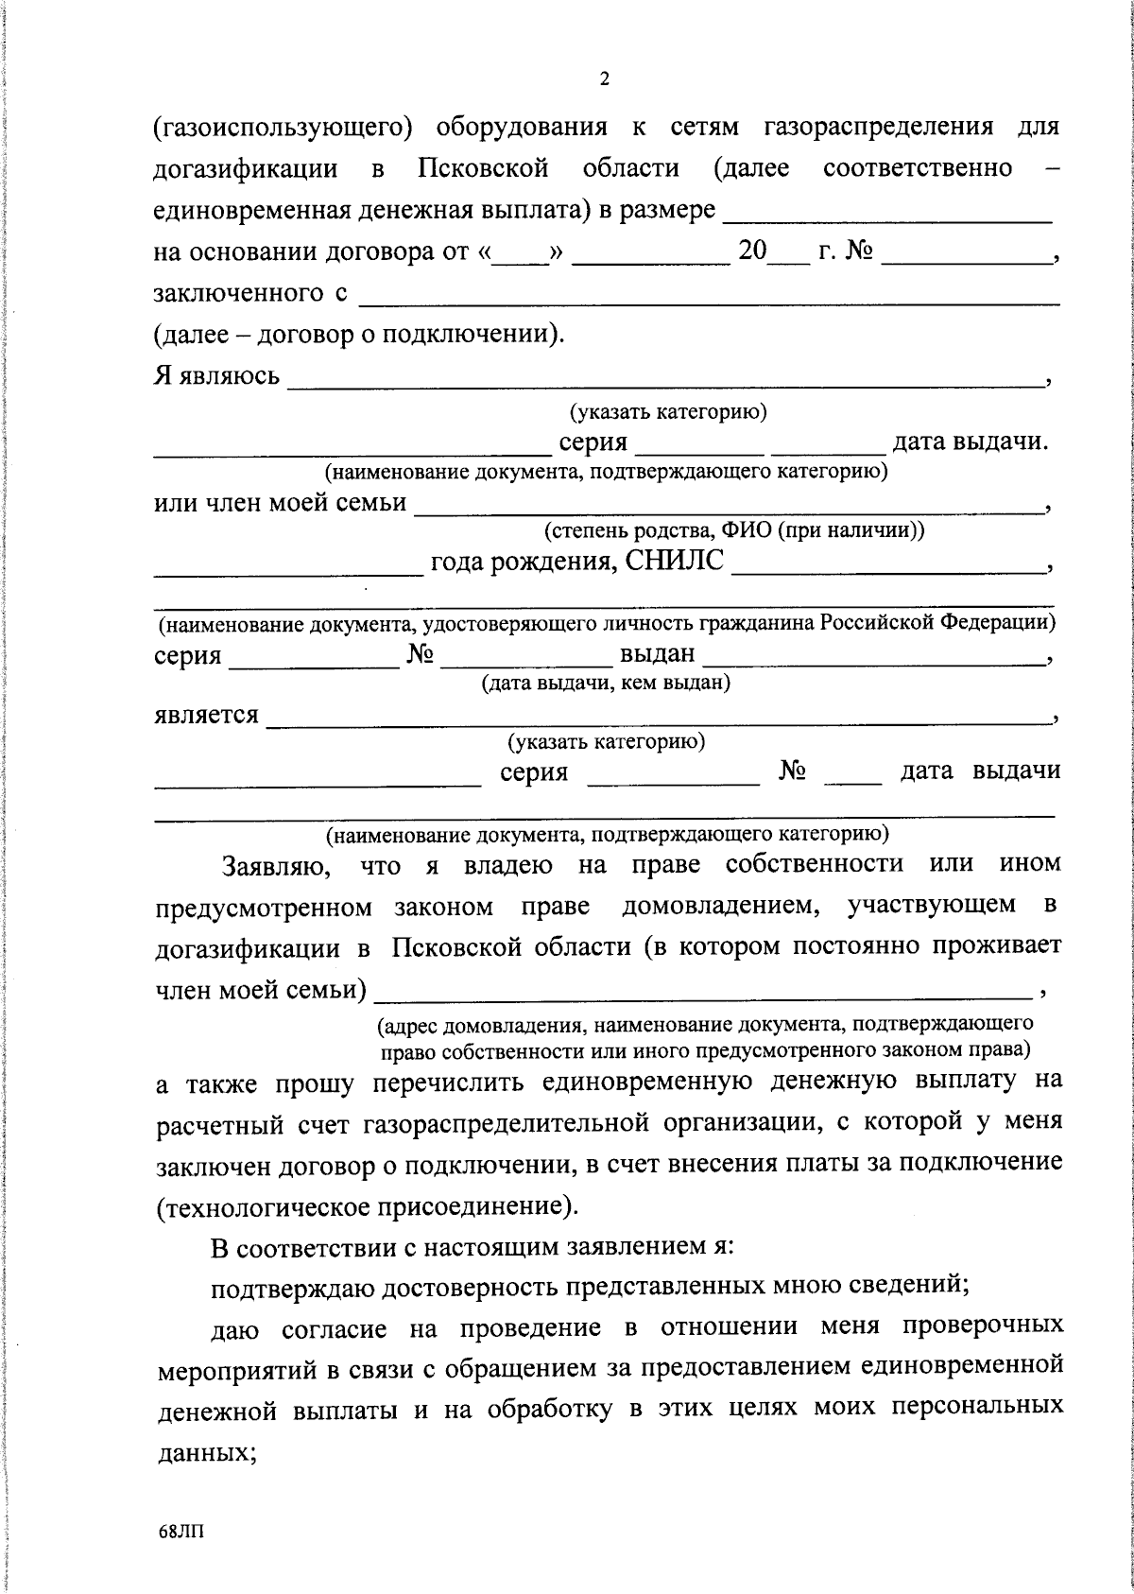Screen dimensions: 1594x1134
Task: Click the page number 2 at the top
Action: (605, 79)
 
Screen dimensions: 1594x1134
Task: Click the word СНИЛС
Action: (677, 562)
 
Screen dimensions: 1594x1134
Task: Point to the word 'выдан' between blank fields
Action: (657, 654)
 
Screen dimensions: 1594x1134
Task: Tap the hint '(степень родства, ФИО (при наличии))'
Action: (733, 530)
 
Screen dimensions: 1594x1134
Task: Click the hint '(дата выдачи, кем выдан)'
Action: (606, 682)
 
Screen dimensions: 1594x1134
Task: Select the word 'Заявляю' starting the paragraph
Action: (275, 865)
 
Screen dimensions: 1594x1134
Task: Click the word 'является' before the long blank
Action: (206, 715)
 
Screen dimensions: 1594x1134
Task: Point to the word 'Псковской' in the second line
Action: (483, 169)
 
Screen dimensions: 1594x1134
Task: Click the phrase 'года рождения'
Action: (524, 563)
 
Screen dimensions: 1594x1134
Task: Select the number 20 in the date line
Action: (752, 253)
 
